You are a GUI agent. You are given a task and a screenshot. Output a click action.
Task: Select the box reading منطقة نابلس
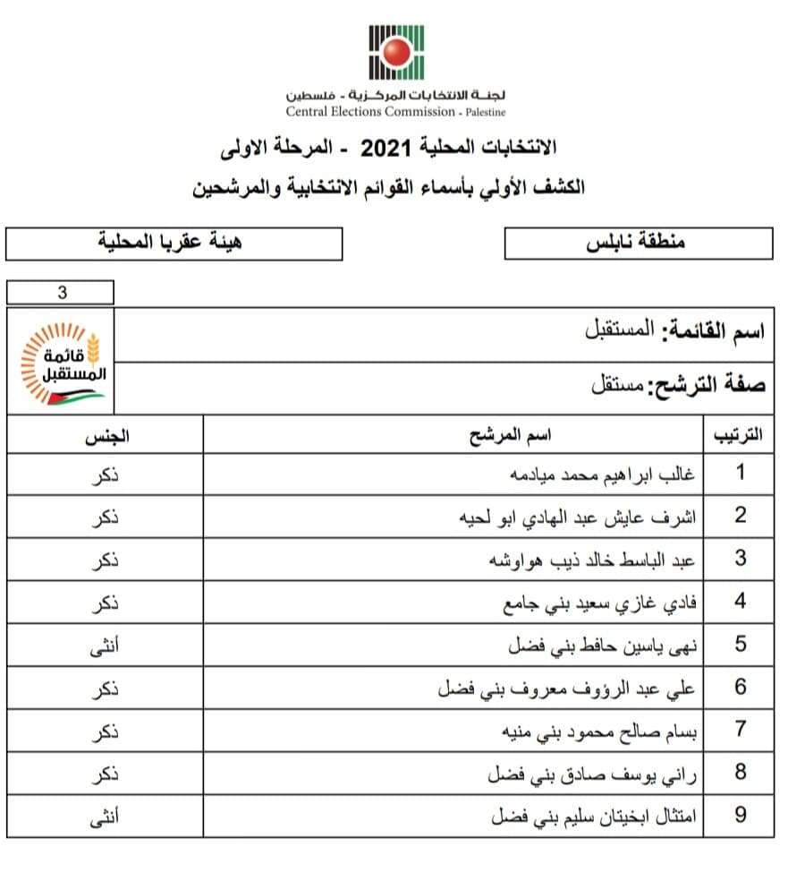point(638,243)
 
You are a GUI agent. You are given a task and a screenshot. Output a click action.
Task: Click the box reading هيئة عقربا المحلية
point(174,243)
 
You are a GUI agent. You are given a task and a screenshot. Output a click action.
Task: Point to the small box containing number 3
point(60,292)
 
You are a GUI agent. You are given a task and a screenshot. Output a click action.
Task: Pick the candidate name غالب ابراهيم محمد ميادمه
point(605,474)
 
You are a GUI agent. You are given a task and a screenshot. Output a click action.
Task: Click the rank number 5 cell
point(739,645)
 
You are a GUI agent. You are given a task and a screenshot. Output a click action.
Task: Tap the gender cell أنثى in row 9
point(106,817)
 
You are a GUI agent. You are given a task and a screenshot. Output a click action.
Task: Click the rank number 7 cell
point(739,731)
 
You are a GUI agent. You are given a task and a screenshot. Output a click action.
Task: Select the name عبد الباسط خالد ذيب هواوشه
point(592,560)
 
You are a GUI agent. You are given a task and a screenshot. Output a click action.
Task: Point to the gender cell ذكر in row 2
point(106,517)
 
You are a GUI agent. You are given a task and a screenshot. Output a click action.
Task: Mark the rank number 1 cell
point(739,474)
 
